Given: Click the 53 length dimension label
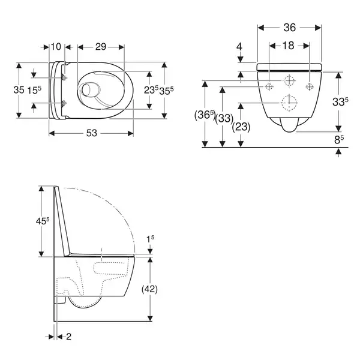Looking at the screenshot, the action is [x=92, y=133].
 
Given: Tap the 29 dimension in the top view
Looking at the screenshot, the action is [x=101, y=47].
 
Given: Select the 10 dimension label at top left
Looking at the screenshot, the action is [x=56, y=47].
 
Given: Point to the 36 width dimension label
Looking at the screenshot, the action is [x=290, y=28].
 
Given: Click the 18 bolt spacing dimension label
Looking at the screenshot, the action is [x=289, y=46].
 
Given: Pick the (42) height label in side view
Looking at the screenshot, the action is [x=149, y=289].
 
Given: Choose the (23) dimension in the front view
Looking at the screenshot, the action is [x=241, y=127].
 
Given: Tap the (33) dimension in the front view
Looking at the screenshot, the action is [x=224, y=119].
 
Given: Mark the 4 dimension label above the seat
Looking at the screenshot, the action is [x=239, y=47].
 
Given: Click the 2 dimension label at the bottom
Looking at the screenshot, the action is [x=68, y=337].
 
